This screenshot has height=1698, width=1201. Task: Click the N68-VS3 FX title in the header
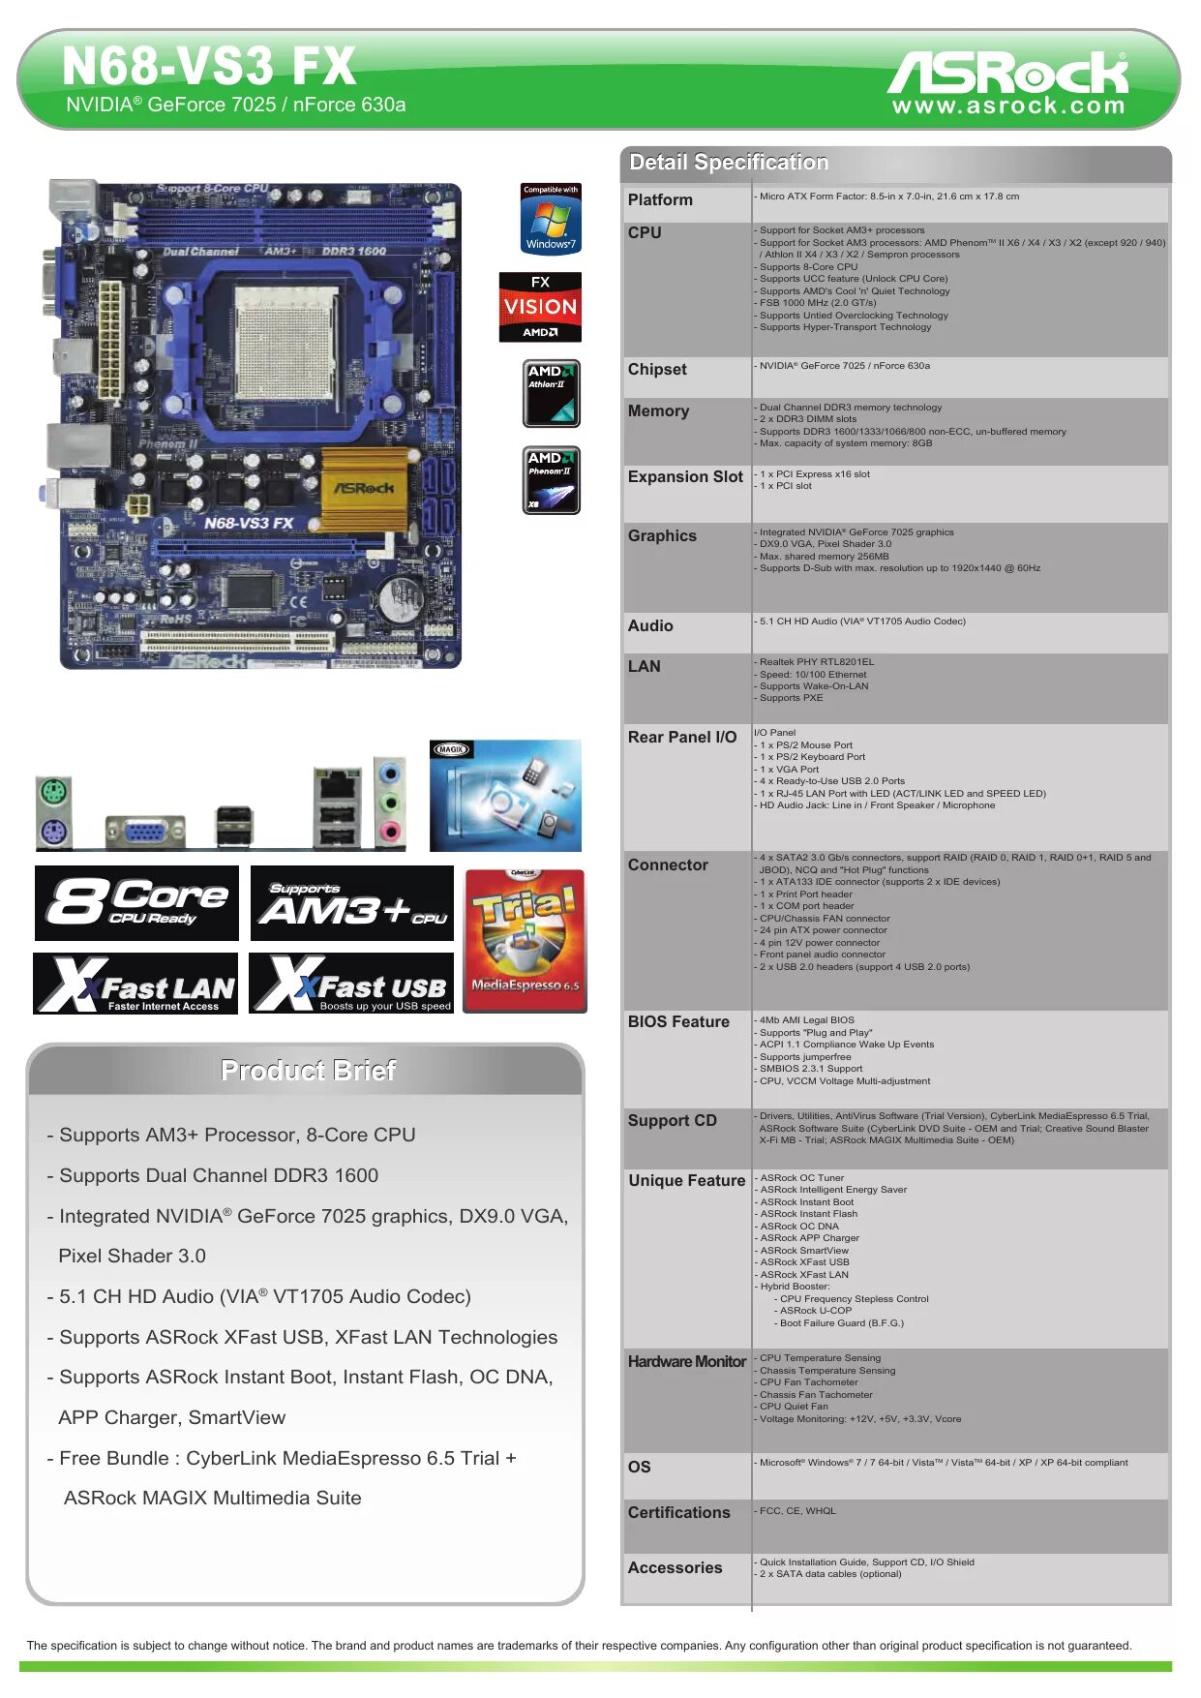coord(209,67)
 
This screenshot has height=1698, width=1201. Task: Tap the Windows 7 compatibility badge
coord(551,219)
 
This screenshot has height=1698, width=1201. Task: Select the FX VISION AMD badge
coord(540,307)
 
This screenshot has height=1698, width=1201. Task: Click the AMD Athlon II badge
coord(551,394)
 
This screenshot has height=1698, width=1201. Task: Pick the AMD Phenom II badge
coord(551,480)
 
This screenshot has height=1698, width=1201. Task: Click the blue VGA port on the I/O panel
coord(144,831)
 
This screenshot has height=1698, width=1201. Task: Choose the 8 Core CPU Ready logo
coord(136,903)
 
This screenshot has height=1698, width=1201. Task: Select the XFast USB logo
coord(351,984)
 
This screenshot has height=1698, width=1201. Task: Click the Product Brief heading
coord(308,1070)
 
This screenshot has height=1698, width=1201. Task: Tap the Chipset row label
coord(657,370)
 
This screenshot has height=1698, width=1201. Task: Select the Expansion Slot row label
coord(685,477)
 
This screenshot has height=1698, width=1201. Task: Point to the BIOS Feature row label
coord(678,1022)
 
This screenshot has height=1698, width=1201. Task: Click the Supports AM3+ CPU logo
coord(351,903)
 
